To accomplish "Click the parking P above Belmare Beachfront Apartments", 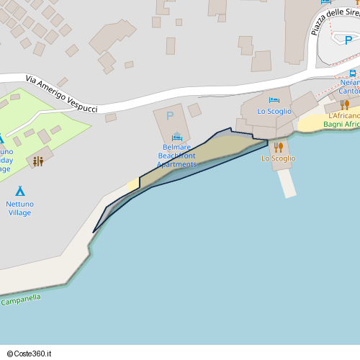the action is pos(170,116).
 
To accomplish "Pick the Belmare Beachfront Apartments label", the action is pos(176,156).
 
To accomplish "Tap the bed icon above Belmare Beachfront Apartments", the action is pos(177,137).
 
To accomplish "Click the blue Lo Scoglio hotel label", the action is pos(274,112).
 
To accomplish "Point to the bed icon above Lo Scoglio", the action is pos(274,100).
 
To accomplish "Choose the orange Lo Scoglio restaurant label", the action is pos(278,158).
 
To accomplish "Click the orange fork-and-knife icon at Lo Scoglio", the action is pos(278,147).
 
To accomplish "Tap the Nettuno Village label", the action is pos(20,208).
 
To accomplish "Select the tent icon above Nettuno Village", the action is pos(20,191).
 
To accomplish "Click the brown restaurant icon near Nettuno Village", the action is pos(38,161).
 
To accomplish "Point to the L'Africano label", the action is pos(343,116).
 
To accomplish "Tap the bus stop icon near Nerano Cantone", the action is pos(352,73).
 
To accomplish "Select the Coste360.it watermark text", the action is pos(33,354).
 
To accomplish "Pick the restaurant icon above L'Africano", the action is pos(345,104).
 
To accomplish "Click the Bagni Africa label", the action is pos(341,125).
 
